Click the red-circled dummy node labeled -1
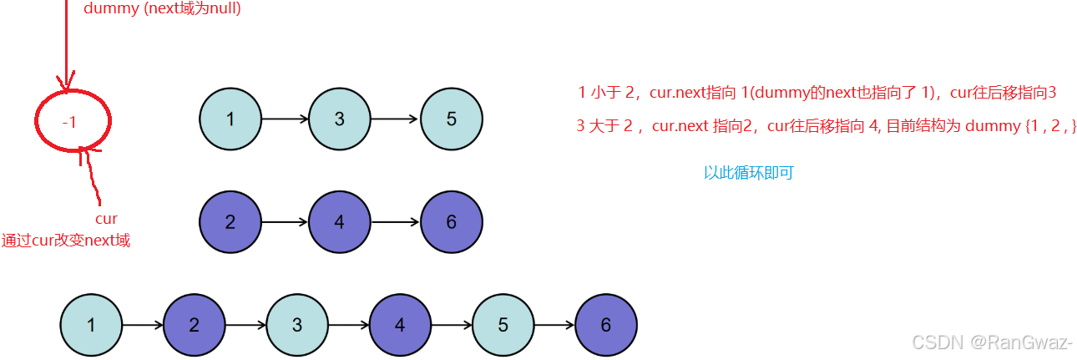[71, 122]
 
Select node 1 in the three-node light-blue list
[230, 119]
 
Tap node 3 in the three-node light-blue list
[339, 119]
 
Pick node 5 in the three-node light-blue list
[451, 119]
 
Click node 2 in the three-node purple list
[230, 222]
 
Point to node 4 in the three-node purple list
[339, 222]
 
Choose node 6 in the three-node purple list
[451, 222]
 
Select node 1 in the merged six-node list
[91, 325]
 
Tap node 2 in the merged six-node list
[195, 325]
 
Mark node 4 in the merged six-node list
[400, 325]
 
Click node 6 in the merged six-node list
[606, 325]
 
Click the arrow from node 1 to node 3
[285, 119]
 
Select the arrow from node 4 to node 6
[395, 222]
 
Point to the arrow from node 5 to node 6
[554, 325]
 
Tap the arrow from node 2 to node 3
[245, 325]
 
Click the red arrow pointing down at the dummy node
[68, 50]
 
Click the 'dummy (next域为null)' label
[163, 9]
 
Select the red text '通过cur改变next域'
[66, 241]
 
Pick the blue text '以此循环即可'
[748, 173]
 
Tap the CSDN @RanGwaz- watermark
[992, 342]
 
